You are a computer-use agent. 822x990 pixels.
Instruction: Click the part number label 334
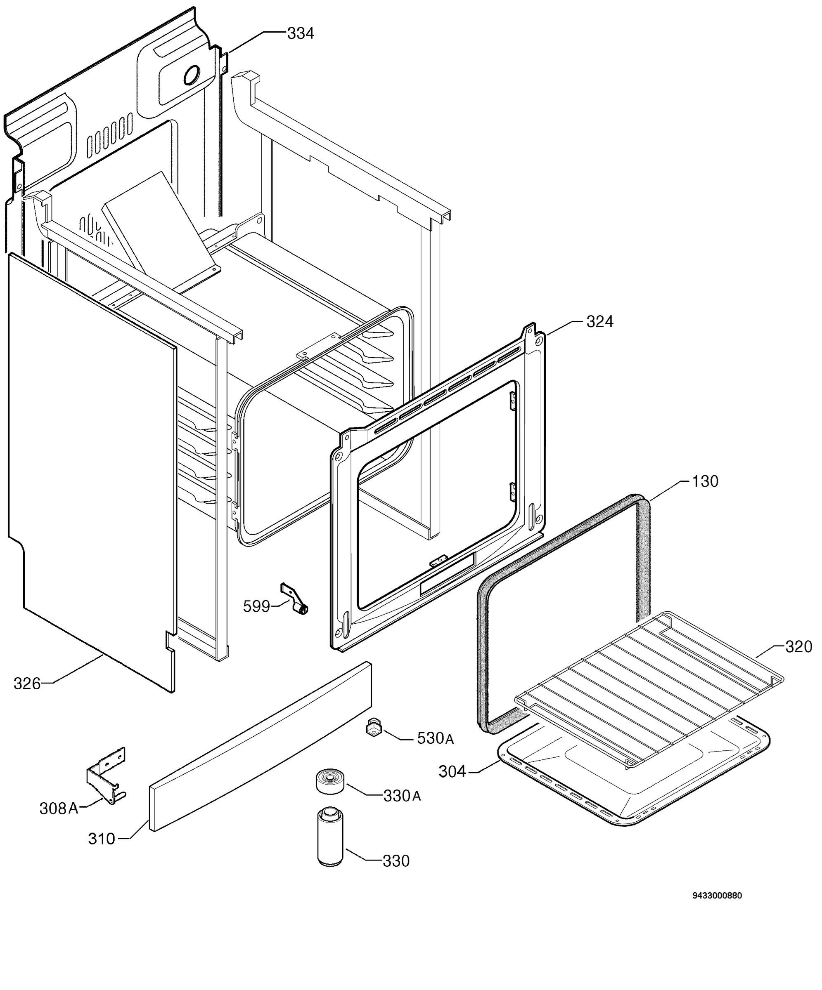pos(301,33)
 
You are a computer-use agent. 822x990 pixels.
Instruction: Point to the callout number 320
pos(798,646)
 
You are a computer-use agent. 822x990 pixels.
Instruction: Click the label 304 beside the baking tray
pos(452,772)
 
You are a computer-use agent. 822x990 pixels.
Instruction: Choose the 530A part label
pos(435,738)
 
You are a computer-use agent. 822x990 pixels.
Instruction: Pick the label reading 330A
pos(402,796)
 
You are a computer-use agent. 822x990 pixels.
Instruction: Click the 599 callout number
pos(256,606)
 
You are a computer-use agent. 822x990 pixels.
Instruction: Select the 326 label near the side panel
pos(27,684)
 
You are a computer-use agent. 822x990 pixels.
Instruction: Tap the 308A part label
pos(59,808)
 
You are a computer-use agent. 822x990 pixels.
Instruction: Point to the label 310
pos(102,839)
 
